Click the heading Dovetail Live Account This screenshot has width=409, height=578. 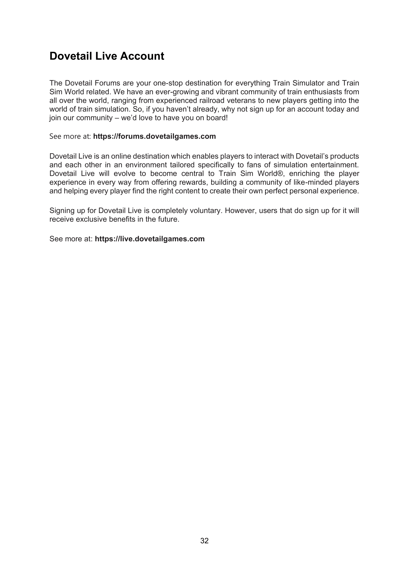(x=107, y=56)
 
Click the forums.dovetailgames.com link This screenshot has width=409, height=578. (x=154, y=136)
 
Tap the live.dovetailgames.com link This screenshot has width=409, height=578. (x=150, y=239)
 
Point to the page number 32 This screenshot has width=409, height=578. (x=204, y=541)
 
